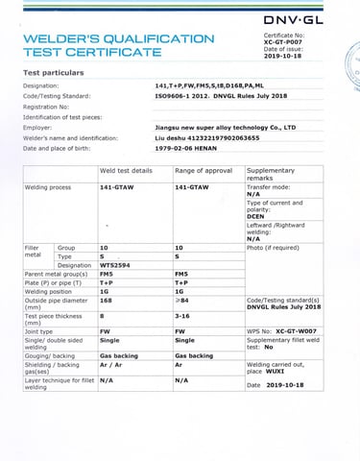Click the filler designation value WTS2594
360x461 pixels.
116,265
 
